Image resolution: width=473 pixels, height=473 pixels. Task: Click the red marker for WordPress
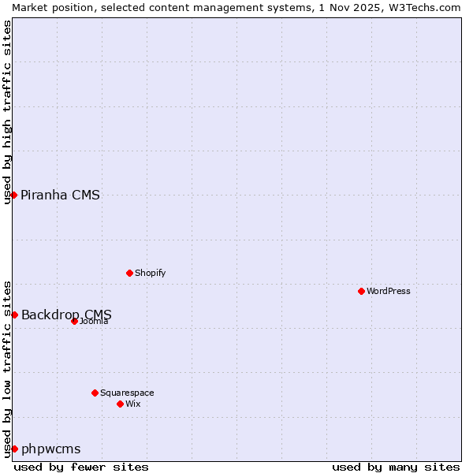361,291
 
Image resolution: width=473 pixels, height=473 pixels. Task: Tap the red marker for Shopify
129,273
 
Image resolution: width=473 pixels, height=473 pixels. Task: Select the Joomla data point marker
74,321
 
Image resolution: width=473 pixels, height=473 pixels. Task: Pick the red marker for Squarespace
95,393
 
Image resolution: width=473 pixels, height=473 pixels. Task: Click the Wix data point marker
120,404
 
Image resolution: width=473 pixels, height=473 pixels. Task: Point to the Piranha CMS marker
14,195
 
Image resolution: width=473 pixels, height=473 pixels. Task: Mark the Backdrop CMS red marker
14,315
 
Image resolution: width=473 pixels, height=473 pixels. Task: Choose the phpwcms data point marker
14,449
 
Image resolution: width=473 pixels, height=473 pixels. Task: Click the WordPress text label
389,291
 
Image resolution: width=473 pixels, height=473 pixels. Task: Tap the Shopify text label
150,273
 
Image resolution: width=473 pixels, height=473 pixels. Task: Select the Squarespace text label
127,393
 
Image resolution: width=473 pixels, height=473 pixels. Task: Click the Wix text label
133,404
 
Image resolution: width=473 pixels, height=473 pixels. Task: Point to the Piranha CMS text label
61,196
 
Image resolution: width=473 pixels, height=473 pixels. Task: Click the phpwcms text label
51,449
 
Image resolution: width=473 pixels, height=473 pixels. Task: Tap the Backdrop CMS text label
66,315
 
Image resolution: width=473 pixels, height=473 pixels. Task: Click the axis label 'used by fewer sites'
81,467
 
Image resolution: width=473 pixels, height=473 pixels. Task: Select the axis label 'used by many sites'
396,467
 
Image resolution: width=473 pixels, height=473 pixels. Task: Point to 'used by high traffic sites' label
8,112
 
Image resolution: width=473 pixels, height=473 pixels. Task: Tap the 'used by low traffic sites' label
8,368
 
